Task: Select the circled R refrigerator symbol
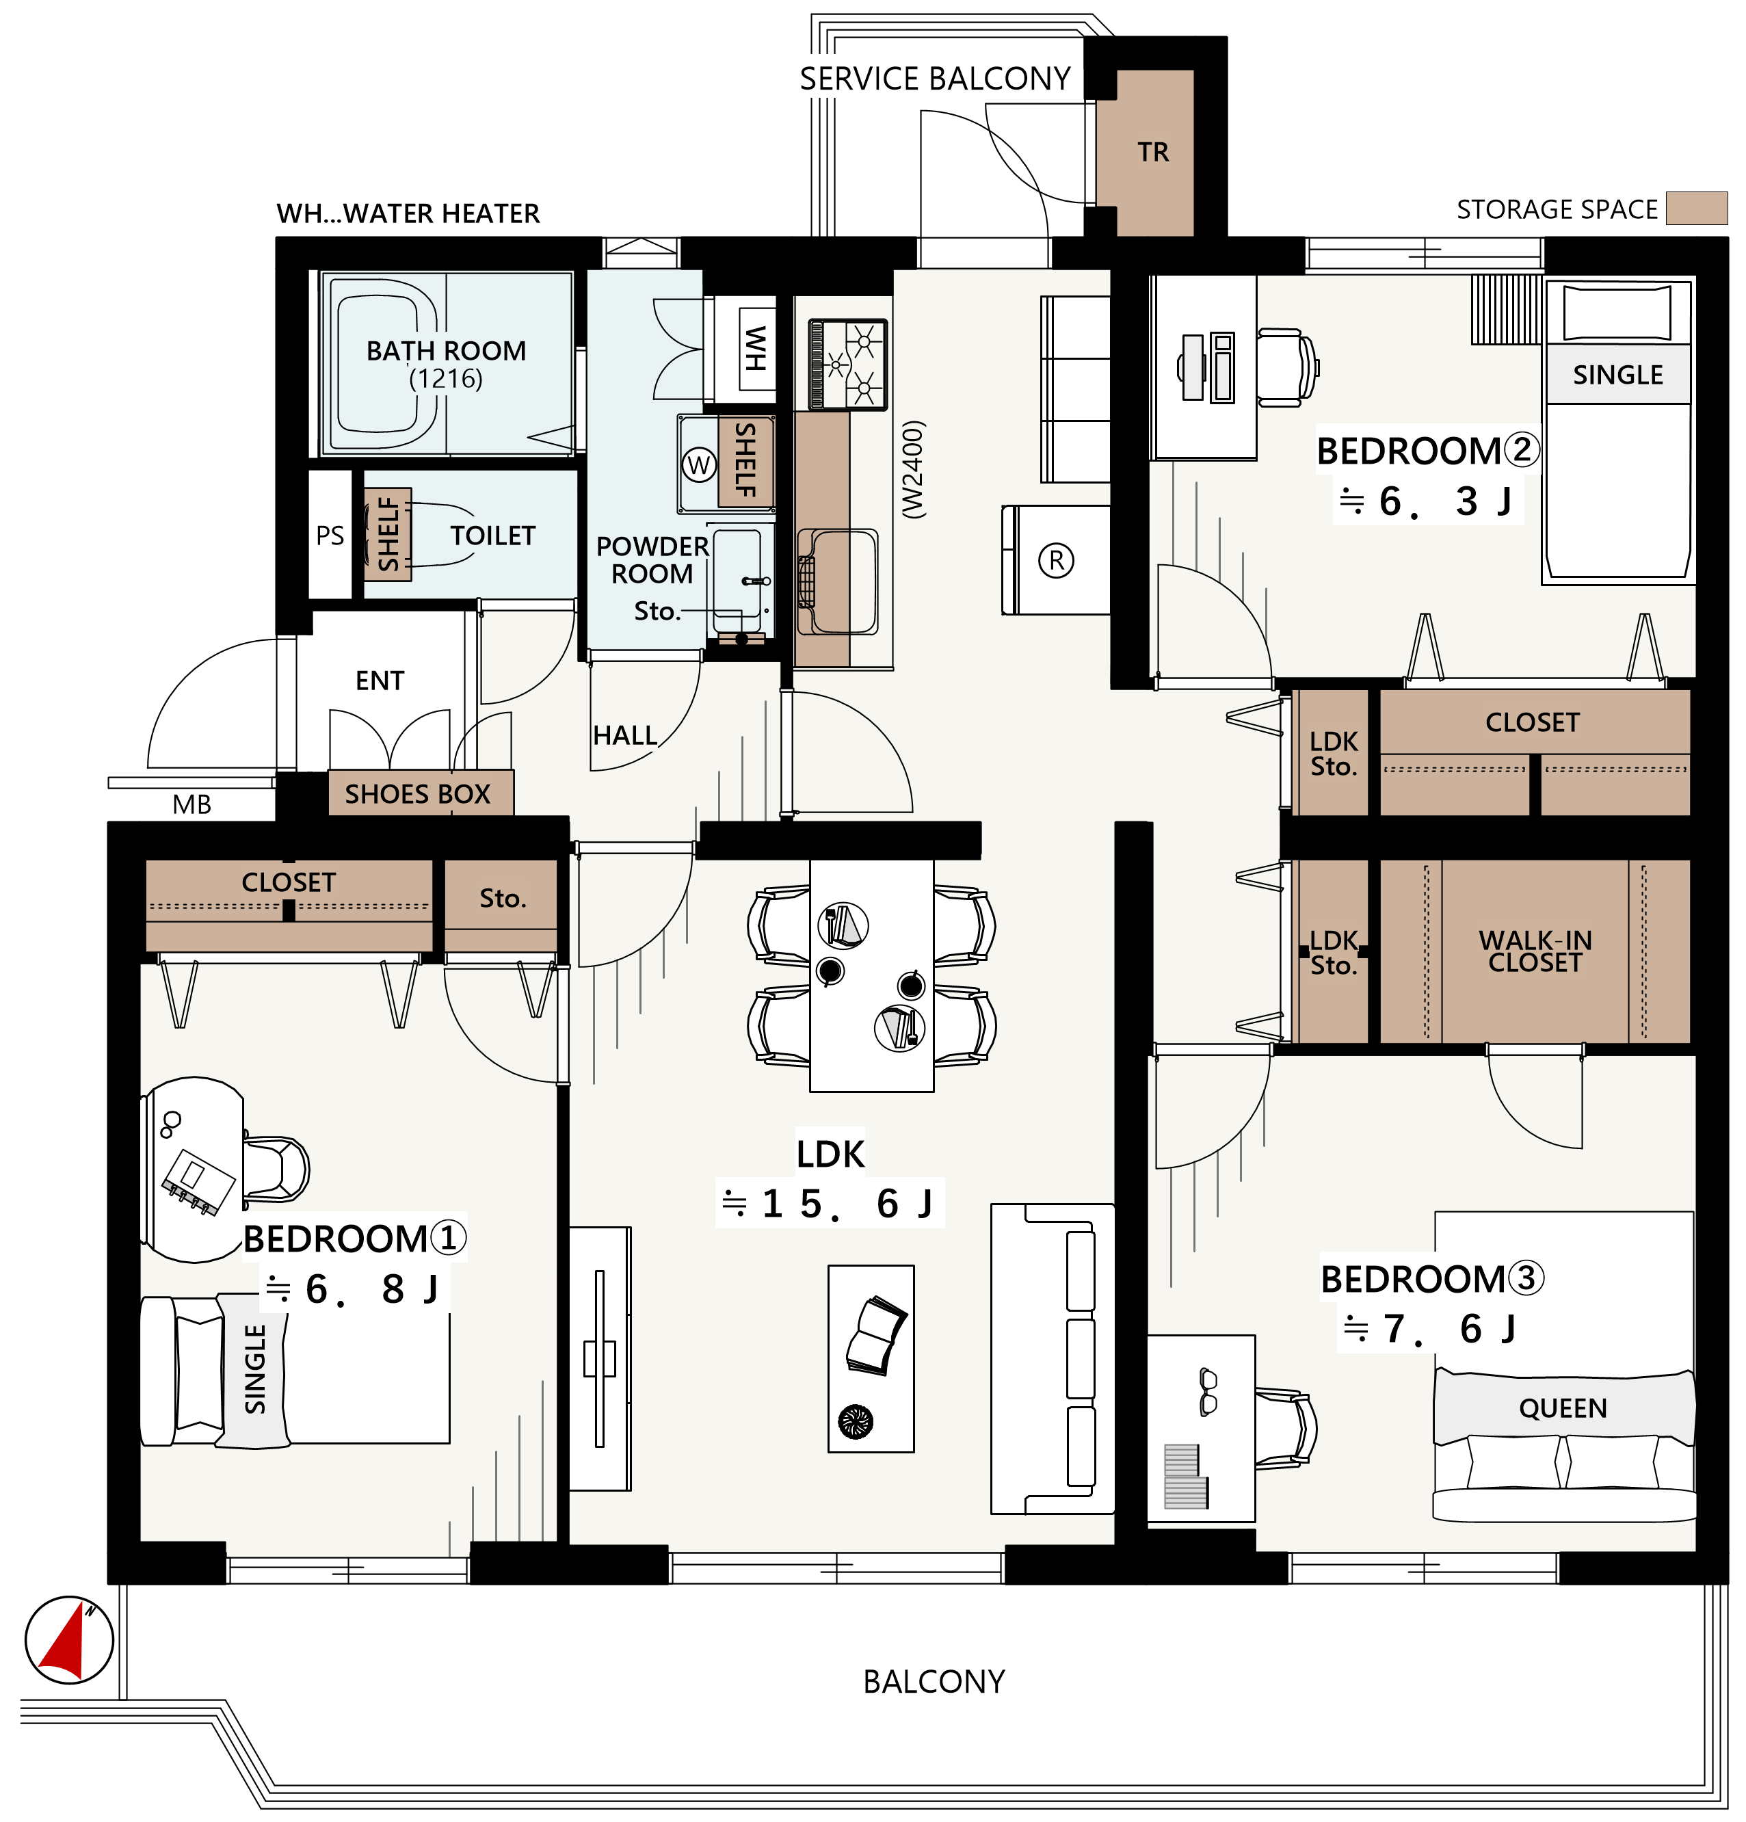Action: point(1055,561)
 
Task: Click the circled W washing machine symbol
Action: point(699,465)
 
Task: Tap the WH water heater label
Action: point(755,349)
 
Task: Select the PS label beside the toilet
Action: point(330,536)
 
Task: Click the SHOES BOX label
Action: point(417,794)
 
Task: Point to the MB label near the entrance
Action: point(191,805)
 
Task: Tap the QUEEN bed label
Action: point(1562,1408)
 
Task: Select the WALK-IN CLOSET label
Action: point(1535,952)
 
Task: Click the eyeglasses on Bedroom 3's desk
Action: point(1208,1392)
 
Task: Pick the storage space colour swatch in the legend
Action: point(1696,208)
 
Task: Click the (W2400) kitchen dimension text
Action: point(914,468)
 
